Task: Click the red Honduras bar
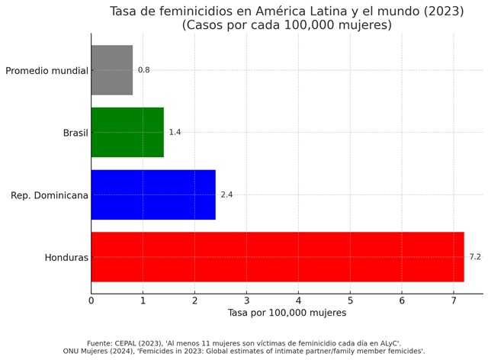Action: pyautogui.click(x=278, y=257)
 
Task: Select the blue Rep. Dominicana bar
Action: pyautogui.click(x=153, y=194)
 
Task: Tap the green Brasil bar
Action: pyautogui.click(x=127, y=132)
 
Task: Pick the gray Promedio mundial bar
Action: pyautogui.click(x=112, y=70)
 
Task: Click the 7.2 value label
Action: pyautogui.click(x=474, y=257)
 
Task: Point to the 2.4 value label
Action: pyautogui.click(x=226, y=194)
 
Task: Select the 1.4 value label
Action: pyautogui.click(x=175, y=132)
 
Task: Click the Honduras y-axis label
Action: pyautogui.click(x=66, y=258)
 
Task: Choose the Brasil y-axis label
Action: pyautogui.click(x=75, y=133)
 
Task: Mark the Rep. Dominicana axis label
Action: pyautogui.click(x=50, y=195)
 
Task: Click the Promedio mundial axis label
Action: pyautogui.click(x=47, y=71)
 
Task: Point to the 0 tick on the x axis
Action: pyautogui.click(x=91, y=301)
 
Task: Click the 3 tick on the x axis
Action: pyautogui.click(x=246, y=301)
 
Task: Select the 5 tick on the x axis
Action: pyautogui.click(x=350, y=301)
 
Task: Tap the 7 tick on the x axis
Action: pyautogui.click(x=454, y=301)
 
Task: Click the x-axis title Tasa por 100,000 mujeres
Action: pyautogui.click(x=287, y=313)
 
